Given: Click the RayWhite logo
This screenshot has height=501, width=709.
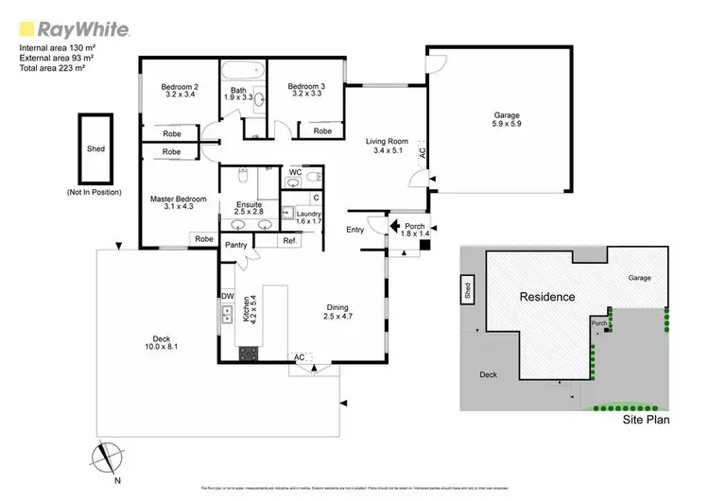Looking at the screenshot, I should coord(65,26).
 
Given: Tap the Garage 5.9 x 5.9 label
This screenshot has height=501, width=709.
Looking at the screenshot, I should coord(500,119).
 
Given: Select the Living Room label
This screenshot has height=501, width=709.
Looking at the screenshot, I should coord(387,147).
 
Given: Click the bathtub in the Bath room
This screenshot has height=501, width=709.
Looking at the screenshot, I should coord(241,73).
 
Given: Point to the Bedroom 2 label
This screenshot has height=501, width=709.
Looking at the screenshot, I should coord(179,91).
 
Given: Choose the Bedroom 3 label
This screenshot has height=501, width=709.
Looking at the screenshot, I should coord(305,91).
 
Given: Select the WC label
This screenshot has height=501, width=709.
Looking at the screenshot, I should coord(295,172).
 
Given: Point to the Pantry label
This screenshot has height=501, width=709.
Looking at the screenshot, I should coord(236,245).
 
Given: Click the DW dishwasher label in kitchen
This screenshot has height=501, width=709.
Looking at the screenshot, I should coord(227,296).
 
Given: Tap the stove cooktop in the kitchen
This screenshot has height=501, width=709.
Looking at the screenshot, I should coord(248,354).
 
